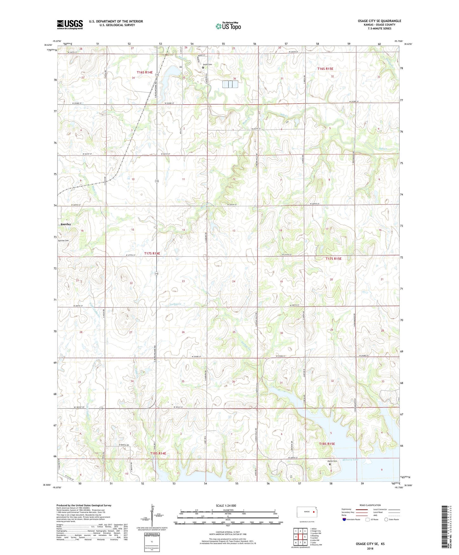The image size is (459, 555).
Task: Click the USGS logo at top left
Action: [x=70, y=24]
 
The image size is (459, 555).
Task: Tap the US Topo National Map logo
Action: [x=228, y=26]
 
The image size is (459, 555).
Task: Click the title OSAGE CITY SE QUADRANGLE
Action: [x=379, y=21]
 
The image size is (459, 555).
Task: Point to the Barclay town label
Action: [x=66, y=224]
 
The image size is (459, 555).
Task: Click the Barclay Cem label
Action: [x=63, y=241]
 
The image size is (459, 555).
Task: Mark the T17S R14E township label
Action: [x=152, y=253]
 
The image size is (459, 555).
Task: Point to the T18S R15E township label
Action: [x=327, y=444]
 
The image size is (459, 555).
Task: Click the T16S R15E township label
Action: [x=325, y=69]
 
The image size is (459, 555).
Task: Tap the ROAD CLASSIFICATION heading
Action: [x=370, y=505]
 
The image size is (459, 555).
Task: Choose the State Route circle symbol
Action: [x=386, y=520]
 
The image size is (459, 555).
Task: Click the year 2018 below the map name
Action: [x=370, y=548]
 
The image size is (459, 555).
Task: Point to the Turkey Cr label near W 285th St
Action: [x=174, y=304]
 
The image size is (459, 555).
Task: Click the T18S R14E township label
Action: [x=158, y=453]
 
